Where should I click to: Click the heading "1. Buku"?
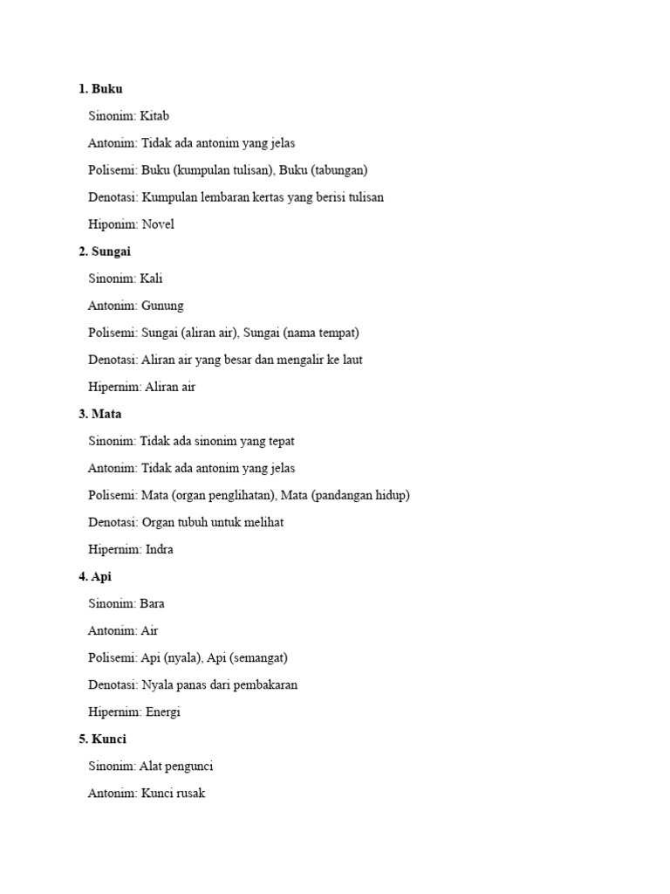(x=100, y=89)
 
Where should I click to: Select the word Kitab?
(x=154, y=116)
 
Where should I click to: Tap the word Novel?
(x=158, y=224)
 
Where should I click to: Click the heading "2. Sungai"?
(x=105, y=251)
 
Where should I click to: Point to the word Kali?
(x=152, y=279)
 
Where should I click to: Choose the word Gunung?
(x=162, y=306)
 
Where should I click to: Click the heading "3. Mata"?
(x=100, y=414)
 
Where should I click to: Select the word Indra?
(x=160, y=549)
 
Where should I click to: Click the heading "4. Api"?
(x=95, y=576)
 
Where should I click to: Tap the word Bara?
(x=152, y=603)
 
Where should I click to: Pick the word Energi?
(x=163, y=712)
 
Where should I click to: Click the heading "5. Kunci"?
(x=102, y=739)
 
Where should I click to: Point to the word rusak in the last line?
(x=189, y=794)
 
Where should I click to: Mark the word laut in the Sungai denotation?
(x=350, y=360)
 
